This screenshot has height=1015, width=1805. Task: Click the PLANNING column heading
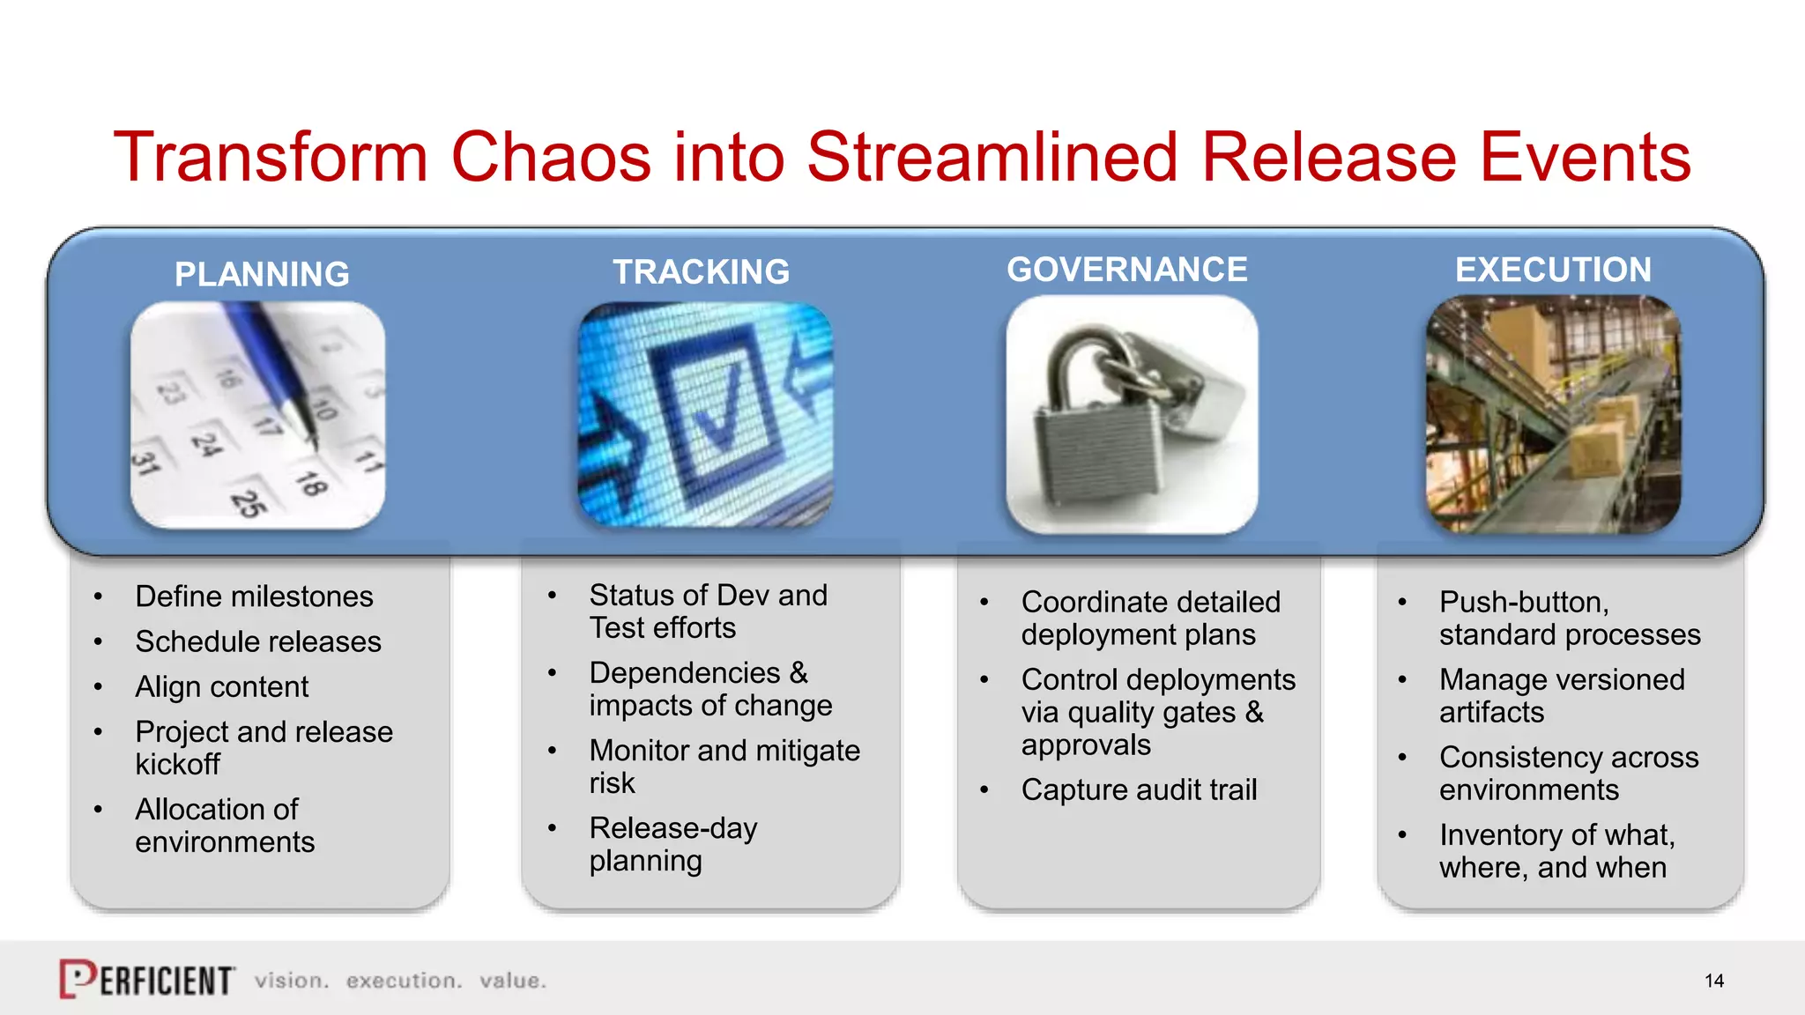(x=262, y=274)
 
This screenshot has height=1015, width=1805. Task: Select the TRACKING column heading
(x=701, y=271)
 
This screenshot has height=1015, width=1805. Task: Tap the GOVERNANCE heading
(x=1126, y=269)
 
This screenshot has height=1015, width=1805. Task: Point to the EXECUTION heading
(x=1553, y=269)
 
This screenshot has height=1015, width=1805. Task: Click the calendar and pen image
(x=257, y=414)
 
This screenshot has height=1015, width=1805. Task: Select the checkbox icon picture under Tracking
(x=705, y=414)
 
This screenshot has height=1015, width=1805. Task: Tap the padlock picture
(x=1132, y=414)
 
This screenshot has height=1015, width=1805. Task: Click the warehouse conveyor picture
(x=1553, y=414)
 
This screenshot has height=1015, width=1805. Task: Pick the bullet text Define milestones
(x=254, y=596)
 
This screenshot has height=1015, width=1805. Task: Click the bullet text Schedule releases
(x=257, y=641)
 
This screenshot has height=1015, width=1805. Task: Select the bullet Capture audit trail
(x=1139, y=789)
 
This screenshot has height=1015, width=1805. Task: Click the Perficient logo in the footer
(x=146, y=979)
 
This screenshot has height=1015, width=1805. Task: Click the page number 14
(x=1713, y=981)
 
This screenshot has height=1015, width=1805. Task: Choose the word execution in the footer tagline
(x=404, y=981)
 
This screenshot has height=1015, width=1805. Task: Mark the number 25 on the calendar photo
(x=249, y=503)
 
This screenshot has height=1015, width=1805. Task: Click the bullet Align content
(x=221, y=686)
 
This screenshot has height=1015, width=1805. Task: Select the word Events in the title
(x=1585, y=157)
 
